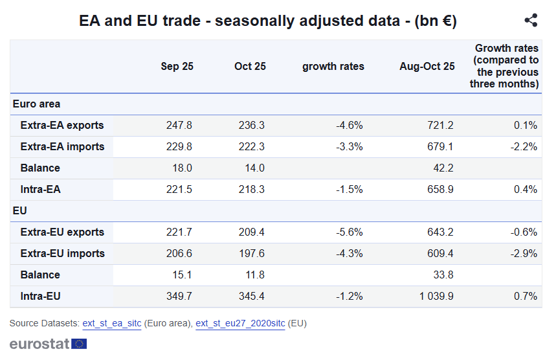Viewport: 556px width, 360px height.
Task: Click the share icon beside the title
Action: click(531, 21)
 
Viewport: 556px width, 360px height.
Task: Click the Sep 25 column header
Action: click(177, 66)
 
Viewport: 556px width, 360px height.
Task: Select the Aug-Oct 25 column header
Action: click(427, 66)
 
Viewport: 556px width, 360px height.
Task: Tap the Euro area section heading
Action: click(37, 104)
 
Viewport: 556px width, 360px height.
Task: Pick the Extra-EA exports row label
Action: click(62, 125)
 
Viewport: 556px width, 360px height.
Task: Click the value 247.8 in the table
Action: click(179, 125)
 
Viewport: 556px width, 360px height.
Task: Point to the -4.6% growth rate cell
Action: click(350, 125)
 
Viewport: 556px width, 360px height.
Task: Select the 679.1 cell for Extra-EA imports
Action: click(440, 146)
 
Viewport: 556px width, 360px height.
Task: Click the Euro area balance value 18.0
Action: click(181, 168)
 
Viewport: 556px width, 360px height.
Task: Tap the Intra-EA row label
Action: click(41, 189)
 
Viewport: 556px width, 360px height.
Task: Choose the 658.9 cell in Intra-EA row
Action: click(440, 189)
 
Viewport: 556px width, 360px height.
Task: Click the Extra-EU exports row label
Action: click(62, 232)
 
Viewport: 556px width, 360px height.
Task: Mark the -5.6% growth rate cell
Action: click(350, 232)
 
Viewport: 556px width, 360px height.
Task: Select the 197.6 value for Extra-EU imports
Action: click(252, 253)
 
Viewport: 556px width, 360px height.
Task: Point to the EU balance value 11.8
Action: click(254, 275)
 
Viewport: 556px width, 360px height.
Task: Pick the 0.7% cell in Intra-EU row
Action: click(526, 296)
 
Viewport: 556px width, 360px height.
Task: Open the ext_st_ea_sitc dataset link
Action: click(111, 323)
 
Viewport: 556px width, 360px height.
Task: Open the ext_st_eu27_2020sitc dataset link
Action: click(240, 323)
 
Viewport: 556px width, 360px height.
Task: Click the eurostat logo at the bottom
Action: click(48, 344)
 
